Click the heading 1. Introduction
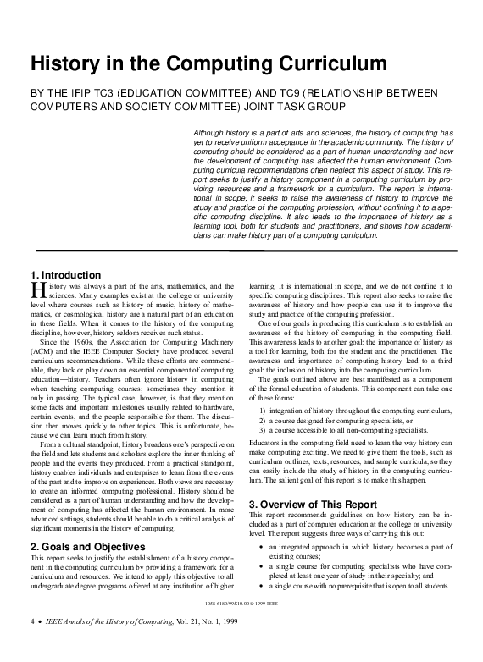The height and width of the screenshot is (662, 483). click(65, 275)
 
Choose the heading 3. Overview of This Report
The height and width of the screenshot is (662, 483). click(313, 505)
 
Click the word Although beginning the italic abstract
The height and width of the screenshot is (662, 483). click(213, 134)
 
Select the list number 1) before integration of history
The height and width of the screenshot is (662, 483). click(264, 410)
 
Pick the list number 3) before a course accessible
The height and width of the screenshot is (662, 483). click(264, 430)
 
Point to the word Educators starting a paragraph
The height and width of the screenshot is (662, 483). click(265, 442)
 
